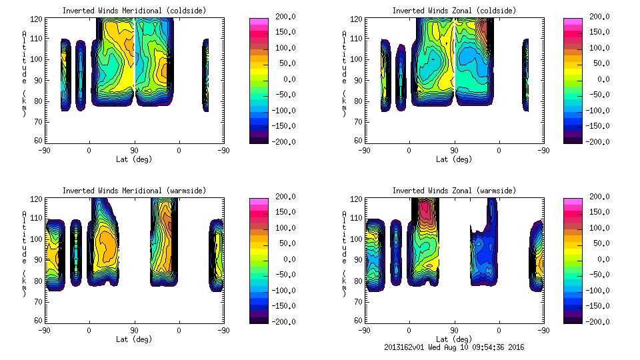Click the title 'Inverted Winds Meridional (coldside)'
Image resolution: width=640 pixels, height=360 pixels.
134,11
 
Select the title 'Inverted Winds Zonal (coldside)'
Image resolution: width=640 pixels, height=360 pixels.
454,11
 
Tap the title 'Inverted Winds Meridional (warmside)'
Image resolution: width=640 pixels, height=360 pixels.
134,191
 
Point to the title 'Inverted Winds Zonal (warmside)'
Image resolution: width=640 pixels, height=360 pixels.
454,191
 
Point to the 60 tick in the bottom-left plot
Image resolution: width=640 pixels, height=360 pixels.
41,321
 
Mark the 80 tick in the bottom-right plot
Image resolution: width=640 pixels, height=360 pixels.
361,280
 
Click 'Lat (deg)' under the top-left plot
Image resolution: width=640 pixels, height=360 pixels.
134,159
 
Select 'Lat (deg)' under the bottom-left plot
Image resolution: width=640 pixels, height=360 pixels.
134,339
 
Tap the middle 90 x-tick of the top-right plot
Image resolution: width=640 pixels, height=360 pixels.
454,151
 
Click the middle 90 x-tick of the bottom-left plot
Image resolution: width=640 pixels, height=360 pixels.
134,331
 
